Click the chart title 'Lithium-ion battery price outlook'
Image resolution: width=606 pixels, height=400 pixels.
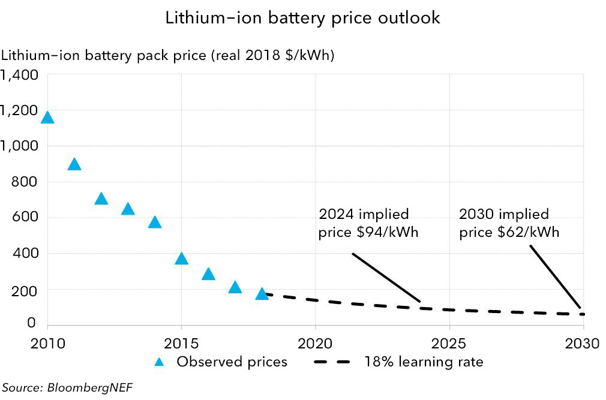[302, 18]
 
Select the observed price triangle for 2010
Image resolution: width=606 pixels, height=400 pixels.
[47, 118]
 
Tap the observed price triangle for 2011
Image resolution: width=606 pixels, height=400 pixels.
[74, 165]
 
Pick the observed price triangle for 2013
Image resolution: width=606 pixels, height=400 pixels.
[127, 209]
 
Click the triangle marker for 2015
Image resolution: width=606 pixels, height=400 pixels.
[181, 259]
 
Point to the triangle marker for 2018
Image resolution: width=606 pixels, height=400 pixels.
[262, 294]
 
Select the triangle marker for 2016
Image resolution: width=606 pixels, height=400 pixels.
[208, 275]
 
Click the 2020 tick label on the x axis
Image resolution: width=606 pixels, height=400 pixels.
[315, 344]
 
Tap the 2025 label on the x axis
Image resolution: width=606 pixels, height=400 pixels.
[449, 344]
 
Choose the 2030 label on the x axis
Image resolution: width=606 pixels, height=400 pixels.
[583, 344]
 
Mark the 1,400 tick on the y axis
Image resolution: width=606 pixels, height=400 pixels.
[20, 75]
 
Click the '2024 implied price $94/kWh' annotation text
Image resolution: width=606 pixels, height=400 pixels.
[368, 223]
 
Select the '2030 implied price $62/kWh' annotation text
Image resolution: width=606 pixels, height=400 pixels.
[509, 223]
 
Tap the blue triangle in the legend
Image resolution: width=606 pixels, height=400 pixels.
[159, 362]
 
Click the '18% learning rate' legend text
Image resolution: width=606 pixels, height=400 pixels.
[423, 362]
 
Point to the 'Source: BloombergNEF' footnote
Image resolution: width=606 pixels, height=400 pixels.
[67, 387]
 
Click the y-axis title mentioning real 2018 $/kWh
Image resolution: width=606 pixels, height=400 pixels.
[168, 55]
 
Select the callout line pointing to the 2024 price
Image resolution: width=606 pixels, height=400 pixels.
[386, 277]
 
